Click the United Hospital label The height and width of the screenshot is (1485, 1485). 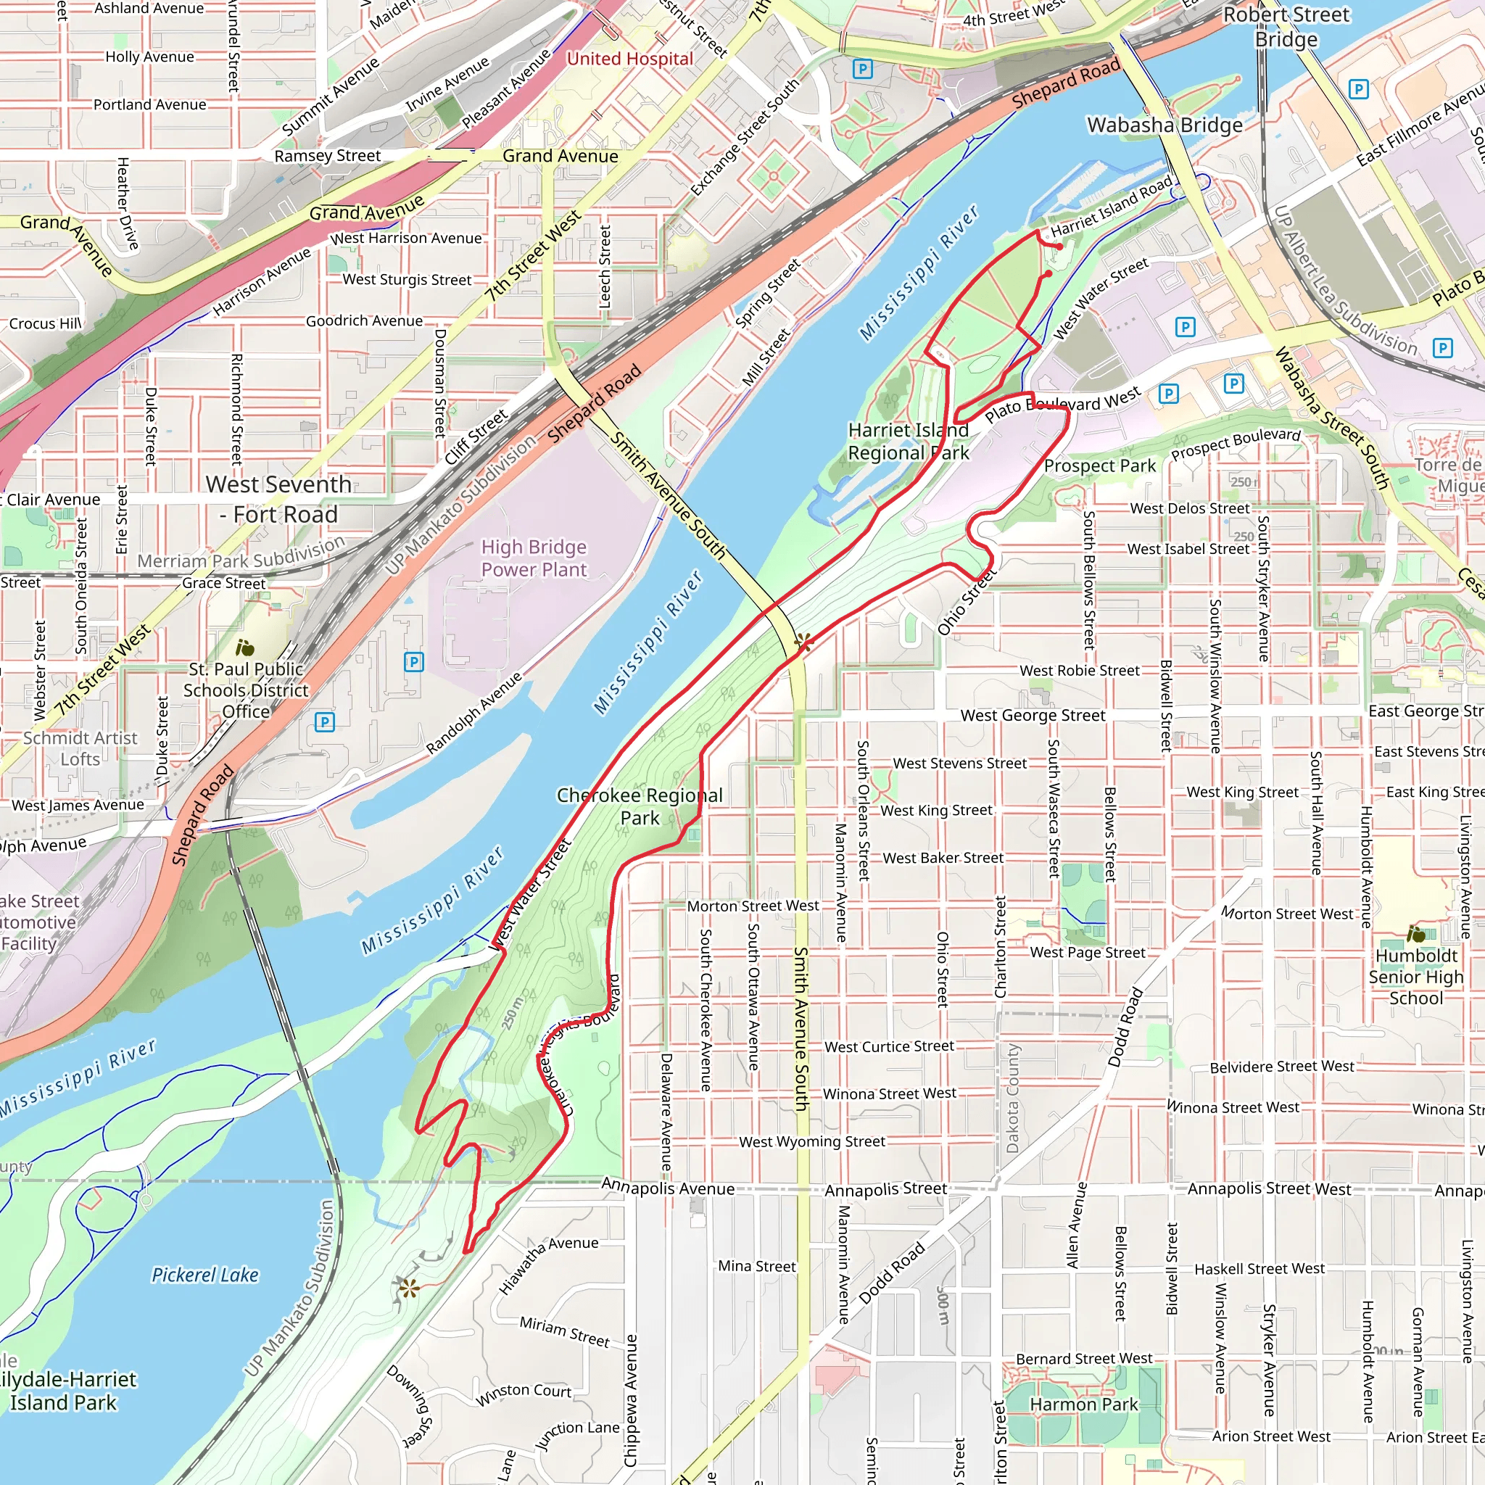tap(629, 59)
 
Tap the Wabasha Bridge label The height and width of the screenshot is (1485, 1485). tap(1164, 125)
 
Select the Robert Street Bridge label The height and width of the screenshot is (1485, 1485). tap(1286, 27)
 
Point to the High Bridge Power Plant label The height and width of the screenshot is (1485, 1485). tap(534, 558)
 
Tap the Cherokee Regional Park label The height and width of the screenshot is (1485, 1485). tap(640, 806)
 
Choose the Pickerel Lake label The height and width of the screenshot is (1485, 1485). tap(205, 1275)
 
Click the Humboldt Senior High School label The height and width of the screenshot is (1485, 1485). tap(1416, 977)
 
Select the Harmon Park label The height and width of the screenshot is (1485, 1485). tap(1083, 1405)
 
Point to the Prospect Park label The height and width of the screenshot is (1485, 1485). tap(1099, 466)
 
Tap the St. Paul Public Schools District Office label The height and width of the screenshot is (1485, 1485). tap(246, 690)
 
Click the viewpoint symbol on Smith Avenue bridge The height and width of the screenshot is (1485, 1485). tap(804, 642)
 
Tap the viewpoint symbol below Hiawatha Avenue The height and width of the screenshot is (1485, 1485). tap(408, 1288)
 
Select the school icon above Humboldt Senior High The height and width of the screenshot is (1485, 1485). tap(1415, 935)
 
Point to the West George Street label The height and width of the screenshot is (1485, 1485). tap(1033, 716)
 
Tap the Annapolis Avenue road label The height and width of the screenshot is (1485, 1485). tap(667, 1188)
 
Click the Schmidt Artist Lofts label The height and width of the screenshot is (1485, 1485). tap(80, 748)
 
